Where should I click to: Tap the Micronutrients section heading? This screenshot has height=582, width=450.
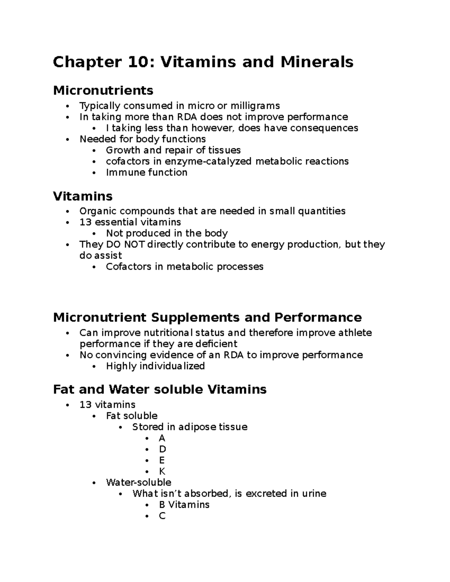tap(103, 90)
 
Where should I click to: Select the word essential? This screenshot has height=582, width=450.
tap(115, 222)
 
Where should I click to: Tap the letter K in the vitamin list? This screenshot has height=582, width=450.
tap(162, 471)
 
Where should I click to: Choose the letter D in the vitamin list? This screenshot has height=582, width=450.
tap(162, 449)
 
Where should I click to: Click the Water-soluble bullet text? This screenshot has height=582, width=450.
tap(138, 482)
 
